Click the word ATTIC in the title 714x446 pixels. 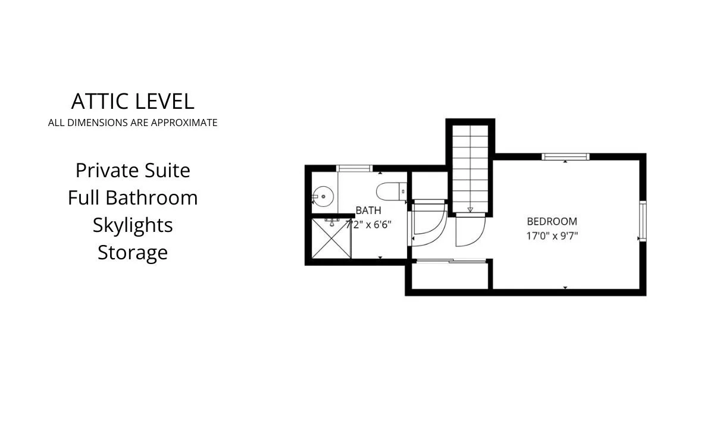coord(100,101)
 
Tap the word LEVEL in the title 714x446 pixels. coord(165,101)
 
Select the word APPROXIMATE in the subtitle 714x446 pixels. coord(184,123)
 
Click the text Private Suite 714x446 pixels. coord(133,171)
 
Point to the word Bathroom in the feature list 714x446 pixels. coord(151,198)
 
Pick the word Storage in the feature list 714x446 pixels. coord(133,253)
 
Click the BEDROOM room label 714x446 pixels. coord(552,221)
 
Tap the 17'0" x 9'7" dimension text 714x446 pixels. coord(552,236)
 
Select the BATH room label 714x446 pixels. coord(368,211)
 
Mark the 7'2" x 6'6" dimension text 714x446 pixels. coord(368,225)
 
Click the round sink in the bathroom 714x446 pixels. coord(322,197)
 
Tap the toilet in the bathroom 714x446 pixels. coord(392,191)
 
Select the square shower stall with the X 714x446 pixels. coord(331,238)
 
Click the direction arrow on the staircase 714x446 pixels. coord(470,209)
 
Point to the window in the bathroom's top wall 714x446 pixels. coord(355,168)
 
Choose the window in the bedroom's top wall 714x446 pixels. coord(565,157)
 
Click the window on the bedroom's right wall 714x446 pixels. coord(643,221)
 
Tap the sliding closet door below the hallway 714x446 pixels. coord(452,261)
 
